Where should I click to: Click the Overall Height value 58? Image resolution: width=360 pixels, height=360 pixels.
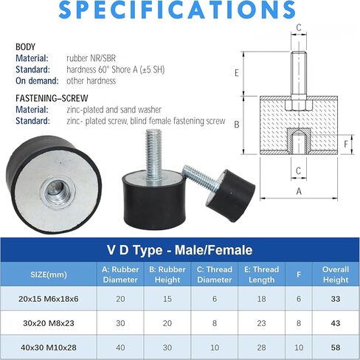click(336, 347)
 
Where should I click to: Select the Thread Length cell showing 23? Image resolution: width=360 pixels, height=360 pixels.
click(261, 323)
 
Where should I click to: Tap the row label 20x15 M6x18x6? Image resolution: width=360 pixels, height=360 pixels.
click(49, 299)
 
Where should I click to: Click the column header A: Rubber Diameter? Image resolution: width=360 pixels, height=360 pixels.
click(120, 274)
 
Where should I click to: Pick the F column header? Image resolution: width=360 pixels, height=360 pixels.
click(299, 274)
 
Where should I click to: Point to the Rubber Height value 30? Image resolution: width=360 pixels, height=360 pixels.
click(167, 347)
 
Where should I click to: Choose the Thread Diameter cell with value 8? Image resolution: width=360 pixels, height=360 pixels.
click(215, 323)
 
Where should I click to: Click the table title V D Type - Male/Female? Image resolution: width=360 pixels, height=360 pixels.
click(180, 250)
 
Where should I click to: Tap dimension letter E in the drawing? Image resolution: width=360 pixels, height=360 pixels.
click(237, 73)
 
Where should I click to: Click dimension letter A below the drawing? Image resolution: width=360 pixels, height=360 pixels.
click(299, 191)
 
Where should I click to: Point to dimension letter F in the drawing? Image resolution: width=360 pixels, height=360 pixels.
click(346, 144)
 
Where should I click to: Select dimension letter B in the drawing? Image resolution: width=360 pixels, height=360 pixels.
click(237, 125)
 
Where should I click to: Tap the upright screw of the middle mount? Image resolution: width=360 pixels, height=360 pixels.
click(153, 155)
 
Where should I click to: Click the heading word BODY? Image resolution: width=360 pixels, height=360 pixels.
click(25, 46)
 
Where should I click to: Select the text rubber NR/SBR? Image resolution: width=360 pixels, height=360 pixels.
click(91, 58)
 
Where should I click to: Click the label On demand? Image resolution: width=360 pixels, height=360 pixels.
click(37, 80)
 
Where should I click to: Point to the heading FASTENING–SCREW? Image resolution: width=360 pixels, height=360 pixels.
click(52, 98)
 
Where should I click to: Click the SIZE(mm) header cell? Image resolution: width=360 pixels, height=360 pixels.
click(49, 274)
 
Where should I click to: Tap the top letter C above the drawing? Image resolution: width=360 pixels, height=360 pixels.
click(299, 27)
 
